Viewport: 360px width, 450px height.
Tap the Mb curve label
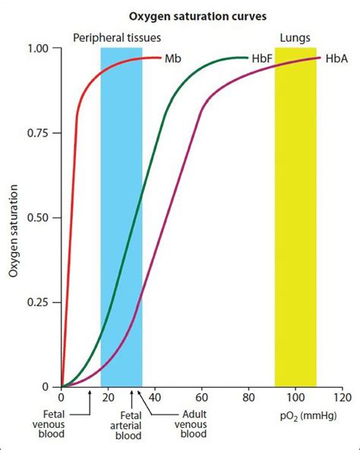(173, 58)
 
